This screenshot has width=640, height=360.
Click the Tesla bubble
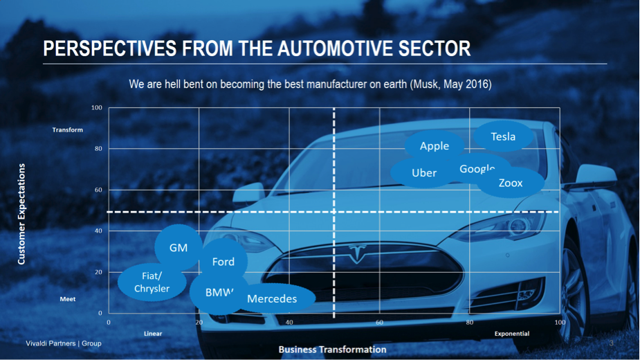[x=503, y=136]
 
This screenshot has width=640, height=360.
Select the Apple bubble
[x=435, y=146]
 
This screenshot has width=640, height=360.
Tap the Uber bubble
[x=424, y=173]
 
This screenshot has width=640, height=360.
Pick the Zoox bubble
[x=511, y=183]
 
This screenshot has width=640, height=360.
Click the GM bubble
[x=179, y=248]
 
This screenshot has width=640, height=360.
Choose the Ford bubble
[x=223, y=262]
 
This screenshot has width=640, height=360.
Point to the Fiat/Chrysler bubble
[x=152, y=282]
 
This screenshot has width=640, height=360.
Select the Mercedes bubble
[x=272, y=298]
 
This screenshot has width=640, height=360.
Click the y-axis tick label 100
[x=97, y=108]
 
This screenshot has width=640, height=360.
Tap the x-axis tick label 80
[x=470, y=323]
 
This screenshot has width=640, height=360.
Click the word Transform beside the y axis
[x=67, y=130]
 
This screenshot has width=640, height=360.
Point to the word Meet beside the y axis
[x=68, y=299]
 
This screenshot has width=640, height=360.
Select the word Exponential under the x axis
[x=512, y=334]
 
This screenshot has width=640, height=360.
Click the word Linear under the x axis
[x=153, y=334]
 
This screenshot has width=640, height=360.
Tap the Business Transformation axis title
[x=332, y=350]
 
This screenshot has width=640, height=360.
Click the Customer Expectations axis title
[x=21, y=214]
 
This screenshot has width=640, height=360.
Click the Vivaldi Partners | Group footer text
[x=63, y=343]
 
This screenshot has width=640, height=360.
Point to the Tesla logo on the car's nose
[x=358, y=253]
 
